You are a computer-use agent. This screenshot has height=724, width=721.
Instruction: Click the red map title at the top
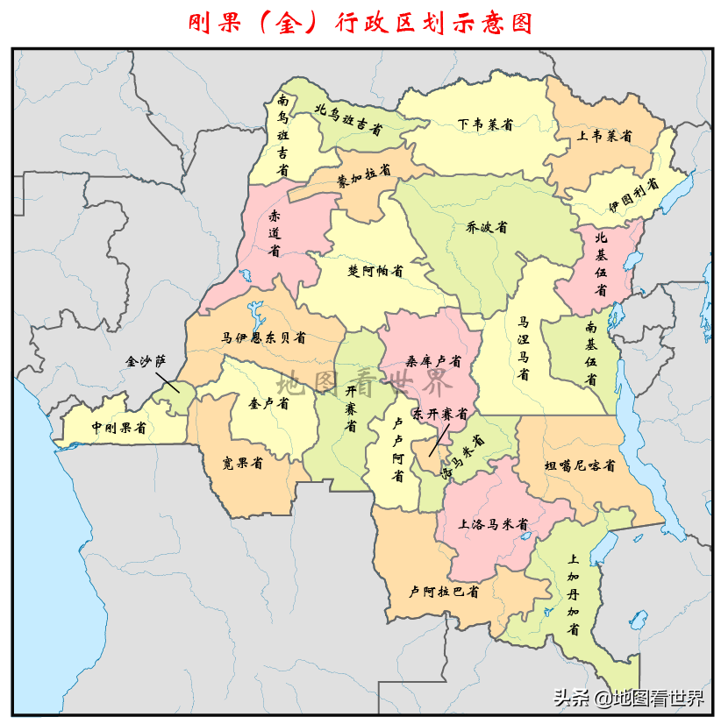tap(360, 23)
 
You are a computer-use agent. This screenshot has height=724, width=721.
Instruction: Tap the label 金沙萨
tap(145, 360)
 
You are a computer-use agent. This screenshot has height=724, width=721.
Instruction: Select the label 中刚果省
tap(119, 428)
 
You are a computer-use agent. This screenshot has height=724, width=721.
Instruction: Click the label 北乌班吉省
tap(349, 120)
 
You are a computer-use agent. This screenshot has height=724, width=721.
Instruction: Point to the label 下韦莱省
tap(484, 124)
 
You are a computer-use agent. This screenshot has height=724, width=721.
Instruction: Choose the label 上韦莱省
tap(604, 137)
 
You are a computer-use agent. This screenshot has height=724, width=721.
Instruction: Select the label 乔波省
tap(487, 227)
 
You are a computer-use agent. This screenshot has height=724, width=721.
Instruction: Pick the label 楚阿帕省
tap(375, 271)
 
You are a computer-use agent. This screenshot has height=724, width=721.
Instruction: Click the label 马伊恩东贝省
tap(263, 337)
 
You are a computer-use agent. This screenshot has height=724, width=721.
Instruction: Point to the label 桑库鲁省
tap(432, 360)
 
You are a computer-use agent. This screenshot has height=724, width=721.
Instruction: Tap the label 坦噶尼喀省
tap(579, 465)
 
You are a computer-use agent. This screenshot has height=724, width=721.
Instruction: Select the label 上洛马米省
tap(494, 524)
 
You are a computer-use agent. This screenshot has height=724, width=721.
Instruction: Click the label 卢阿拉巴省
tap(444, 592)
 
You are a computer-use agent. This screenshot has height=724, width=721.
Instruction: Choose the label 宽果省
tap(244, 463)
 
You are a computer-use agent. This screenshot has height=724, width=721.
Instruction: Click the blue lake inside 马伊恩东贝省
tap(255, 312)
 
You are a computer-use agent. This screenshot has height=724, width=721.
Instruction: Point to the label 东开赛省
tap(441, 412)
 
